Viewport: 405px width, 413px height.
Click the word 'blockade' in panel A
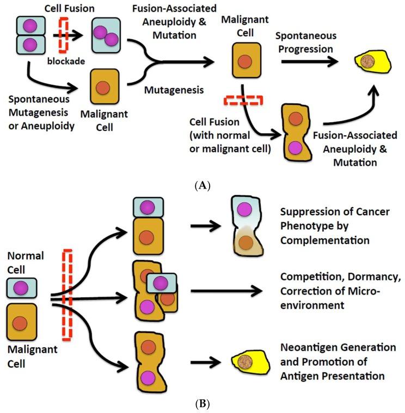tap(67, 61)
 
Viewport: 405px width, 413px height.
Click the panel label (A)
tap(202, 185)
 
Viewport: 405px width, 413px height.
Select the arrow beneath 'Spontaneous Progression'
tap(312, 62)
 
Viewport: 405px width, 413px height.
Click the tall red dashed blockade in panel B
tap(67, 294)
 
